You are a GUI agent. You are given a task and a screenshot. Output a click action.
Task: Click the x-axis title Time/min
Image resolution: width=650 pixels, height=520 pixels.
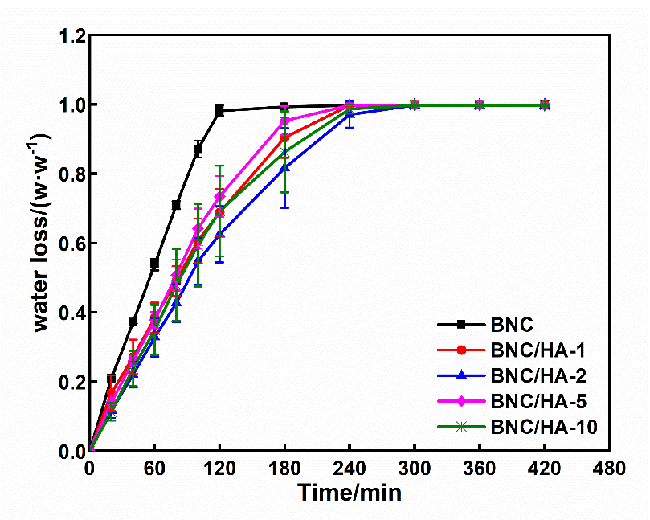[350, 492]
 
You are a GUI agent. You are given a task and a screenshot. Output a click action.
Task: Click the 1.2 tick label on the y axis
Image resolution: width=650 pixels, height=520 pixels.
[70, 36]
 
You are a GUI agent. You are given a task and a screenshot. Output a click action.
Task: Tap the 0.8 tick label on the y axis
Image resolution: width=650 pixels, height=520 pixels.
[70, 174]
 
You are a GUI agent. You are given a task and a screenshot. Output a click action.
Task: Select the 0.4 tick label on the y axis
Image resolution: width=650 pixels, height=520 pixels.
[70, 313]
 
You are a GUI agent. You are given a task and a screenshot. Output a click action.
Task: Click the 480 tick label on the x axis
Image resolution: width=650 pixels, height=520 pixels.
[610, 468]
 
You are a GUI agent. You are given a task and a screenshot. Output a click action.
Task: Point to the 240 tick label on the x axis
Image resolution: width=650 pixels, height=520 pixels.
[350, 468]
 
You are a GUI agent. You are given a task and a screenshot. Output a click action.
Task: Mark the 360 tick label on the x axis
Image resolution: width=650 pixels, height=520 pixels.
[480, 468]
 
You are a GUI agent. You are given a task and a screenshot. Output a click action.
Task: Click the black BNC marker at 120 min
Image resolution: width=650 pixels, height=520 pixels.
[219, 111]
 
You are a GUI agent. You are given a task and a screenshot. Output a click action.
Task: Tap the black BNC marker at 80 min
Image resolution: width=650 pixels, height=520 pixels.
[176, 205]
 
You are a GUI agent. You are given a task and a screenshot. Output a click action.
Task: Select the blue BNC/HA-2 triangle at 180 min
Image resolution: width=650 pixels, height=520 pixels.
[284, 167]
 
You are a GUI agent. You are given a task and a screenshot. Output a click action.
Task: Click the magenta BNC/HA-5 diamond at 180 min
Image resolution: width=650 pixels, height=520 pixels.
[284, 121]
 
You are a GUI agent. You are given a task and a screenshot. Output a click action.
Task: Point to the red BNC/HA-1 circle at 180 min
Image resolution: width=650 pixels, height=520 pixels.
[284, 138]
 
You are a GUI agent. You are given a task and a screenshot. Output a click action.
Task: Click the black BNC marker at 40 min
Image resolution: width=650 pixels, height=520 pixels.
[133, 321]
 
